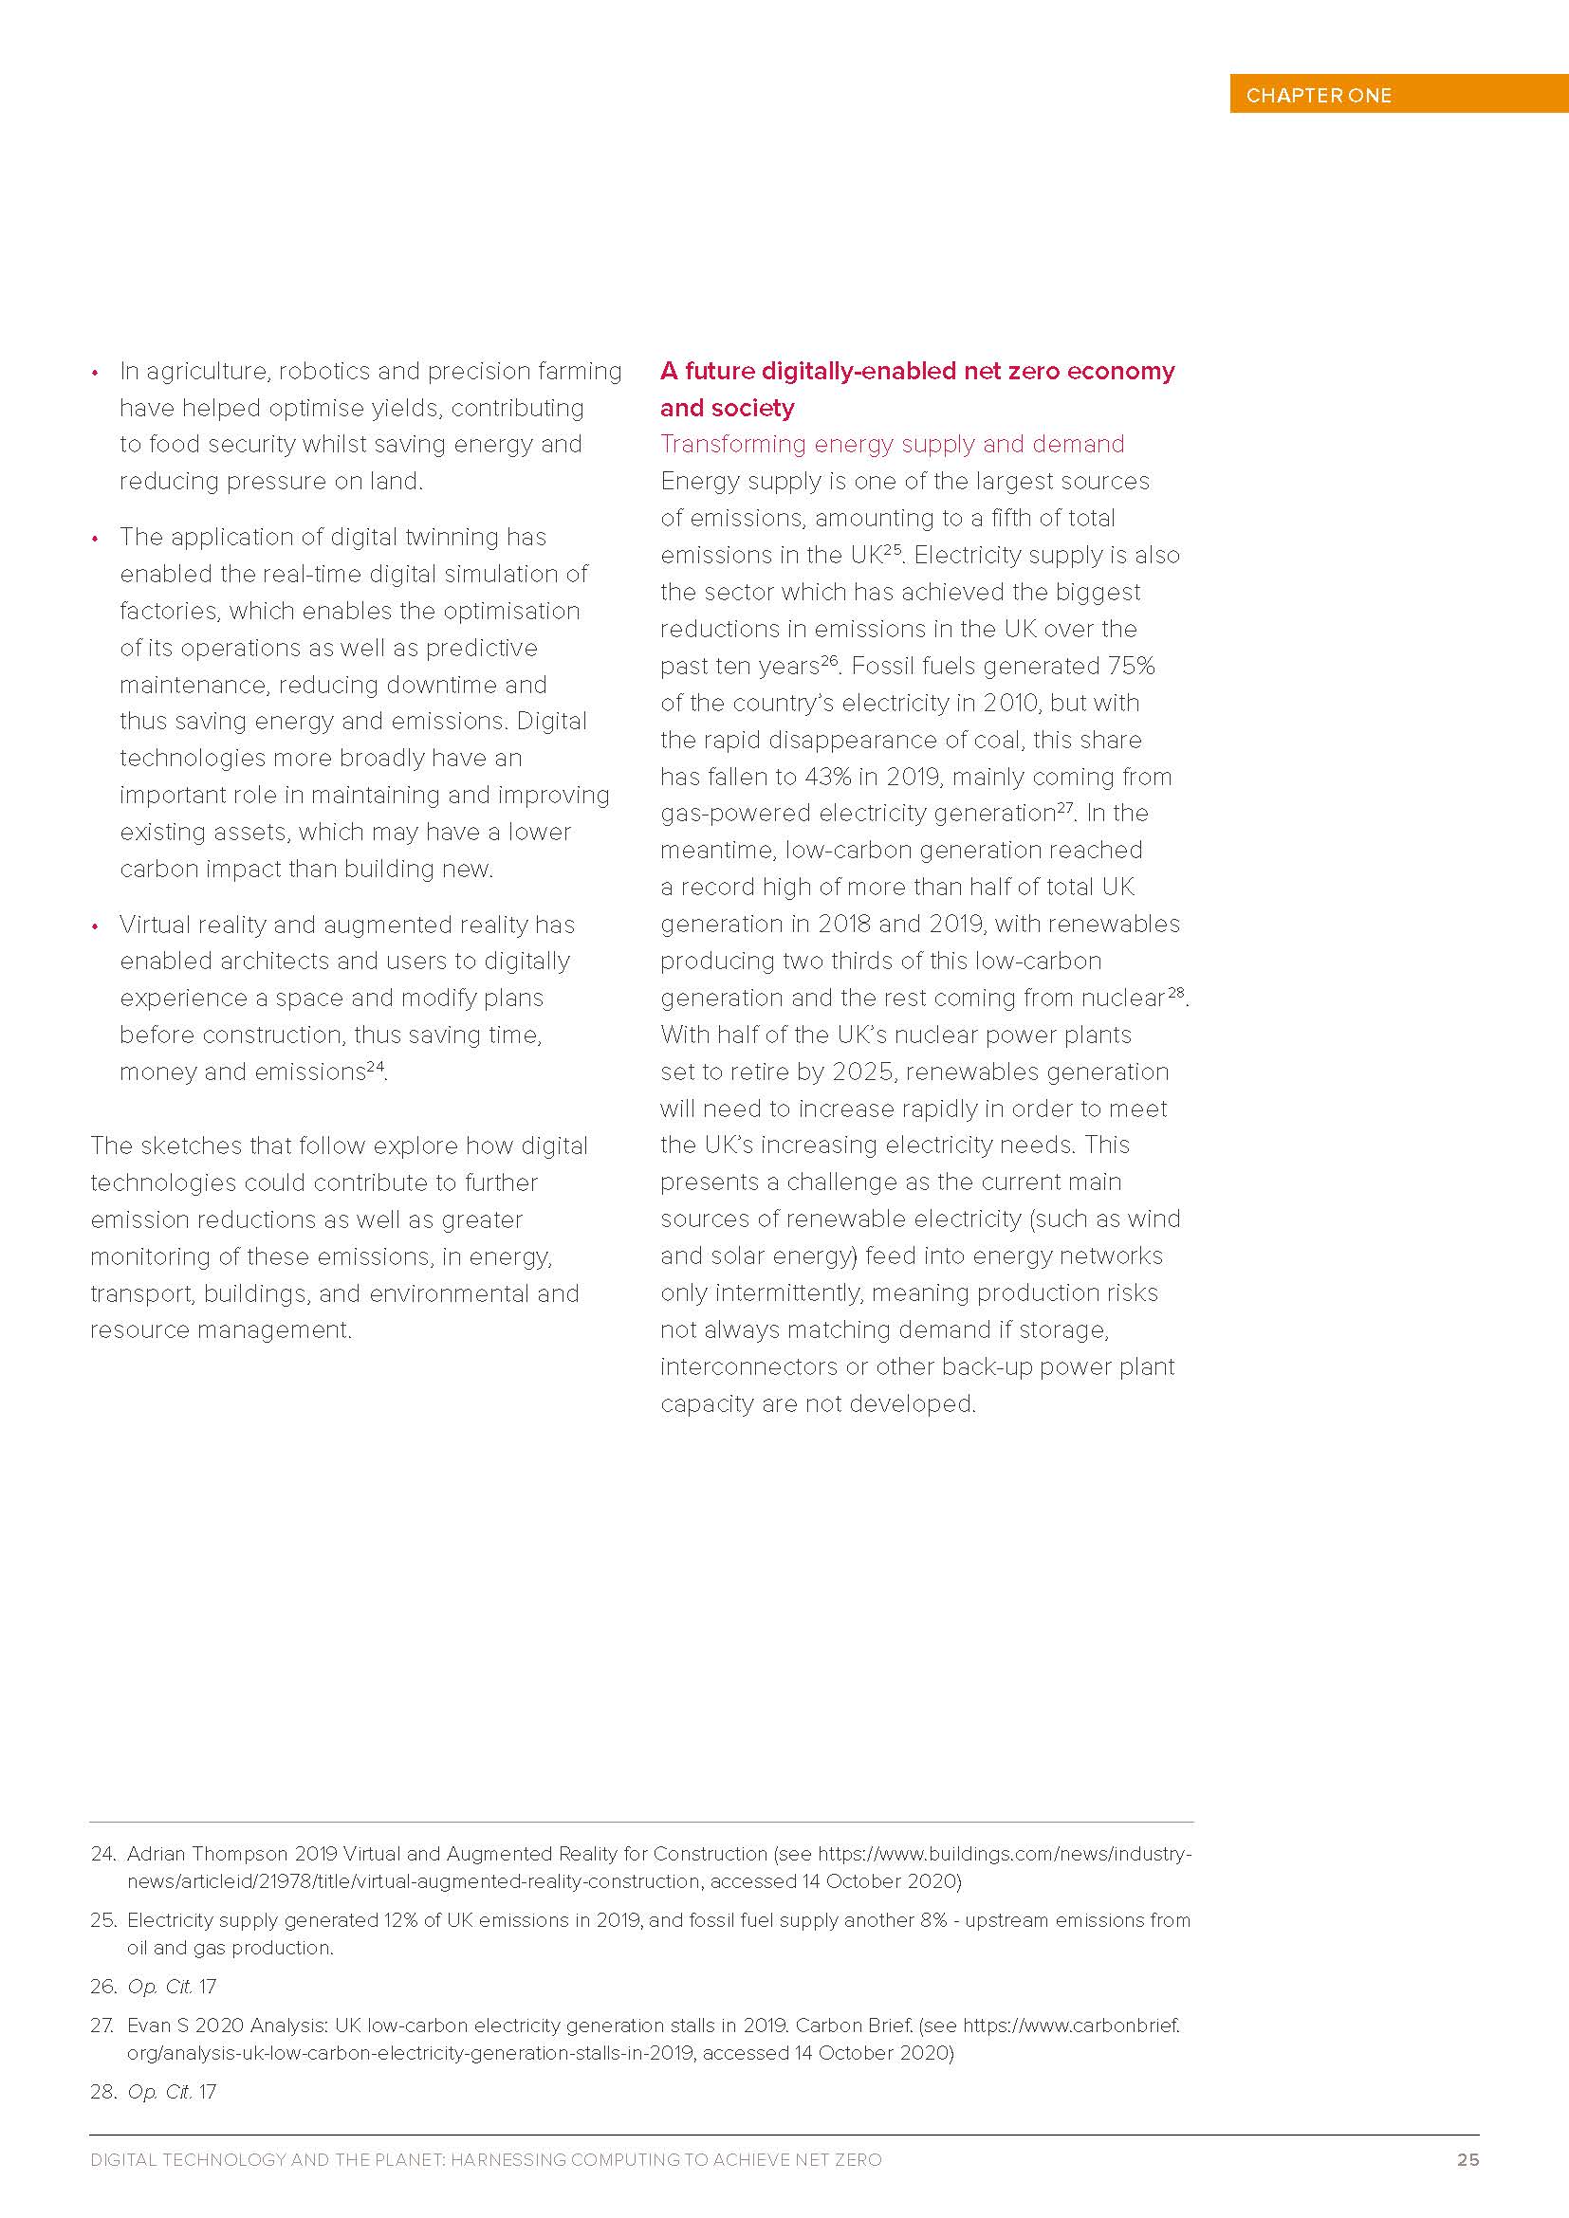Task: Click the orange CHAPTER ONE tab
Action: pos(1397,95)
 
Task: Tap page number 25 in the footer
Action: pos(1467,2159)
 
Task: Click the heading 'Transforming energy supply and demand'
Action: pos(892,445)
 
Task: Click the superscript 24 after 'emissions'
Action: pos(376,1067)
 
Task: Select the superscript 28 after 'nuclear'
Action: pos(1175,992)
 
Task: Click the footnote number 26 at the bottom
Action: pos(102,1987)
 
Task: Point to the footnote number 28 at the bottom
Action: pos(102,2092)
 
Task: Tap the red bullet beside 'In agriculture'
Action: pos(95,373)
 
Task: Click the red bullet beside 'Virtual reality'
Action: pos(95,926)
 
